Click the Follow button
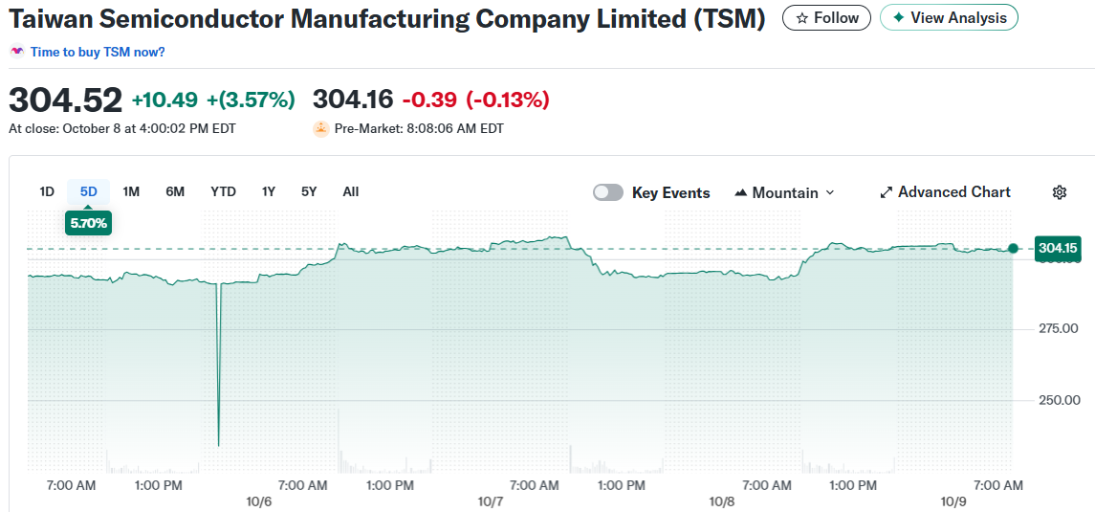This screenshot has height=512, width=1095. click(826, 18)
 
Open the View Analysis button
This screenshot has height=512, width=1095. click(949, 18)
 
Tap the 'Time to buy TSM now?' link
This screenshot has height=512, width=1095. click(97, 52)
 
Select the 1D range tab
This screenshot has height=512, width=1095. click(47, 191)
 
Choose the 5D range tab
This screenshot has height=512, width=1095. click(89, 191)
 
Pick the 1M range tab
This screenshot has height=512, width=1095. click(131, 191)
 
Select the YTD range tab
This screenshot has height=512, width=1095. click(223, 191)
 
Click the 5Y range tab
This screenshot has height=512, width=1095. click(309, 191)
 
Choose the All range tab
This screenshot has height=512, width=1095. click(351, 191)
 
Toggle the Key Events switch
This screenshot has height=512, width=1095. click(608, 192)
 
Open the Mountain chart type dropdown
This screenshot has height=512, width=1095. click(784, 192)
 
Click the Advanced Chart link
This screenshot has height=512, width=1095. click(945, 192)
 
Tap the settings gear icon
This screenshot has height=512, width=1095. click(1060, 192)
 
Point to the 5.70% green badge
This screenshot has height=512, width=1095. click(89, 223)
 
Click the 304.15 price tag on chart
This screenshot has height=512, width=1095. click(1059, 249)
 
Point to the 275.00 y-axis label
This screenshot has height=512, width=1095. click(1058, 328)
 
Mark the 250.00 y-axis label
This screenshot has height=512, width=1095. click(1058, 400)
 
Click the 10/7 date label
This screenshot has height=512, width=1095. click(491, 501)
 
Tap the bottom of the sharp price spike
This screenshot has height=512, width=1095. click(219, 444)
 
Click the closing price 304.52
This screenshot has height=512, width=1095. click(66, 100)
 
